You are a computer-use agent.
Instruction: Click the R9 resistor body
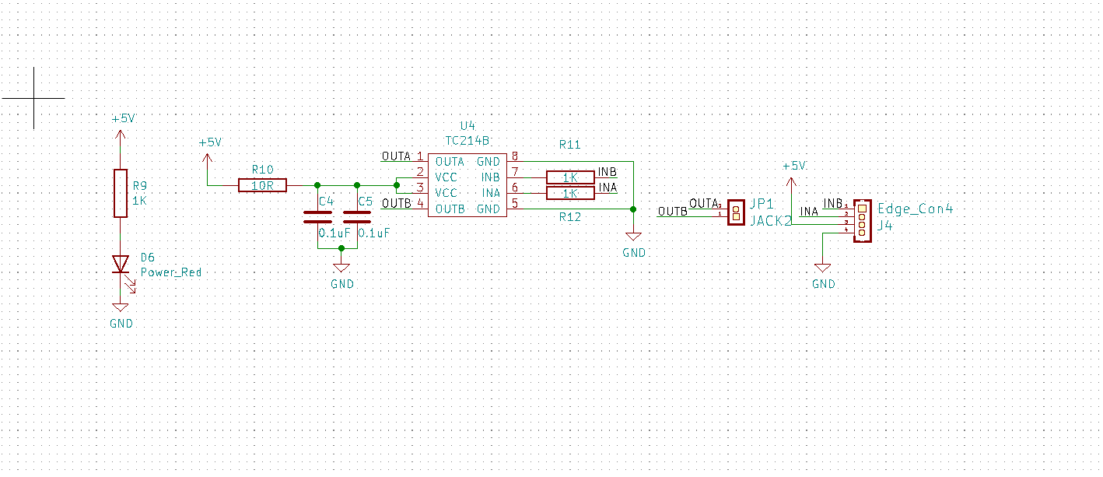[x=121, y=193]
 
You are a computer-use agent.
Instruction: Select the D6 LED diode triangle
[x=121, y=264]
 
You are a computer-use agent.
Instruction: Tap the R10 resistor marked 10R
[x=262, y=185]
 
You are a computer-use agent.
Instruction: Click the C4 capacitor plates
[x=317, y=217]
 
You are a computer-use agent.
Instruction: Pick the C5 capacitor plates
[x=357, y=217]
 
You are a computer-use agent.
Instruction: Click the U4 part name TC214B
[x=467, y=141]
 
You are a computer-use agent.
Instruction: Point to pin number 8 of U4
[x=515, y=156]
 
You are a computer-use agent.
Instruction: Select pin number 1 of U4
[x=420, y=156]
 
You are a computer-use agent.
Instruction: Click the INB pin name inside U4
[x=491, y=177]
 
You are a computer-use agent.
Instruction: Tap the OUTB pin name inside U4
[x=450, y=209]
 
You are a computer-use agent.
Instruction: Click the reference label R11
[x=569, y=145]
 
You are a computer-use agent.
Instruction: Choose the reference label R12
[x=569, y=217]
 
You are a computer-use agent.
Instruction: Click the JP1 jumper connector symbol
[x=736, y=213]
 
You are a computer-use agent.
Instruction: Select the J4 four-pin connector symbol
[x=862, y=221]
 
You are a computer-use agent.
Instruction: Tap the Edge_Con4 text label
[x=915, y=209]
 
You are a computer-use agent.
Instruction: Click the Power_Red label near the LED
[x=171, y=272]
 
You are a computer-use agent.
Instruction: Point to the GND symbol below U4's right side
[x=633, y=237]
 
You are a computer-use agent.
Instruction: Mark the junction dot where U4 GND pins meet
[x=633, y=209]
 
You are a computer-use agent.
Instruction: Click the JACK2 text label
[x=771, y=221]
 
